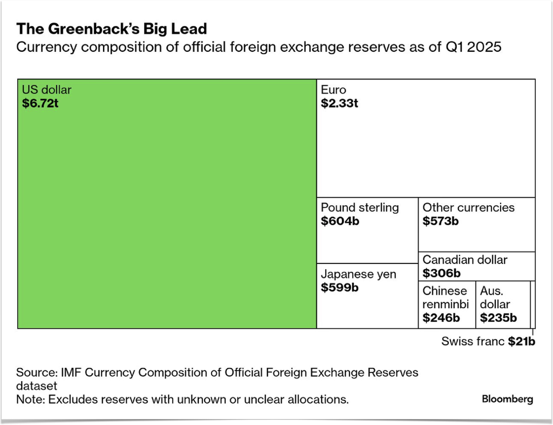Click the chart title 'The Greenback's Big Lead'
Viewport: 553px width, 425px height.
tap(111, 29)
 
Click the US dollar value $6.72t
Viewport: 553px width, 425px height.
tap(40, 103)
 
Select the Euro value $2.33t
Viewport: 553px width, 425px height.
tap(339, 103)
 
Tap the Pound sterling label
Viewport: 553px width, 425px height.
tap(360, 207)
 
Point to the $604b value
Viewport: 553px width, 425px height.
tap(340, 221)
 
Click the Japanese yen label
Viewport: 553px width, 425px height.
tap(359, 274)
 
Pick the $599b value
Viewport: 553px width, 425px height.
tap(340, 287)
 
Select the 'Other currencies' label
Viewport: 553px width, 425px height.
tap(468, 207)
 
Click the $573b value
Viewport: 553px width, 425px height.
tap(441, 221)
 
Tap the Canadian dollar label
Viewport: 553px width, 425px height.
tap(465, 260)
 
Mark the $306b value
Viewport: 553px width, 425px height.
tap(442, 273)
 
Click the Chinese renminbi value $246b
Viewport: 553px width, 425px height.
tap(441, 318)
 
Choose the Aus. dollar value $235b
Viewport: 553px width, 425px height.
tap(498, 318)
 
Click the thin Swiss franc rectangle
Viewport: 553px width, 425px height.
tap(532, 304)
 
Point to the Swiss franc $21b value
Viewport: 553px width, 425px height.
tap(521, 341)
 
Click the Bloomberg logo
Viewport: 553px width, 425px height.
tap(508, 399)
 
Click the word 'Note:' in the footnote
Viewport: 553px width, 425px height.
tap(30, 399)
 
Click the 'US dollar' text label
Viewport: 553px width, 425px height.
tap(46, 90)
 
